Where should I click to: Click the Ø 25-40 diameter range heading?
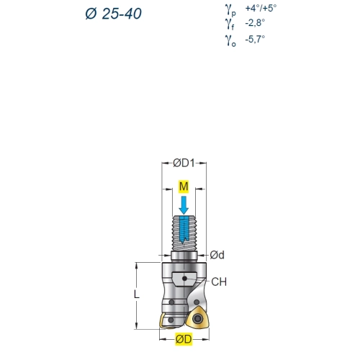[x=113, y=14]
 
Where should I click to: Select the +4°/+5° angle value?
[x=261, y=8]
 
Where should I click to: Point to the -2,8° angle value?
[x=255, y=23]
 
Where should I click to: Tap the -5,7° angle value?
[x=255, y=39]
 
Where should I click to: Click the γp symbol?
[x=230, y=10]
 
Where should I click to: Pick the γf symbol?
[x=230, y=24]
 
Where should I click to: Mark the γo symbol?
[x=230, y=40]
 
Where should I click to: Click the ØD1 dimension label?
[x=184, y=163]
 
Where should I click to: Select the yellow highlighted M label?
[x=184, y=186]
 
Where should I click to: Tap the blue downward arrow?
[x=184, y=205]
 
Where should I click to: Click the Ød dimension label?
[x=217, y=255]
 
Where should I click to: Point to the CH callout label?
[x=219, y=282]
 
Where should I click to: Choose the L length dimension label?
[x=137, y=294]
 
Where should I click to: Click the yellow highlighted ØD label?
[x=184, y=339]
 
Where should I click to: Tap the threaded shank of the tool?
[x=184, y=233]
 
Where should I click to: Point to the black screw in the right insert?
[x=198, y=318]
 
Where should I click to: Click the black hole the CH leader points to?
[x=184, y=279]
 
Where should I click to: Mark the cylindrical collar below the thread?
[x=184, y=256]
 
